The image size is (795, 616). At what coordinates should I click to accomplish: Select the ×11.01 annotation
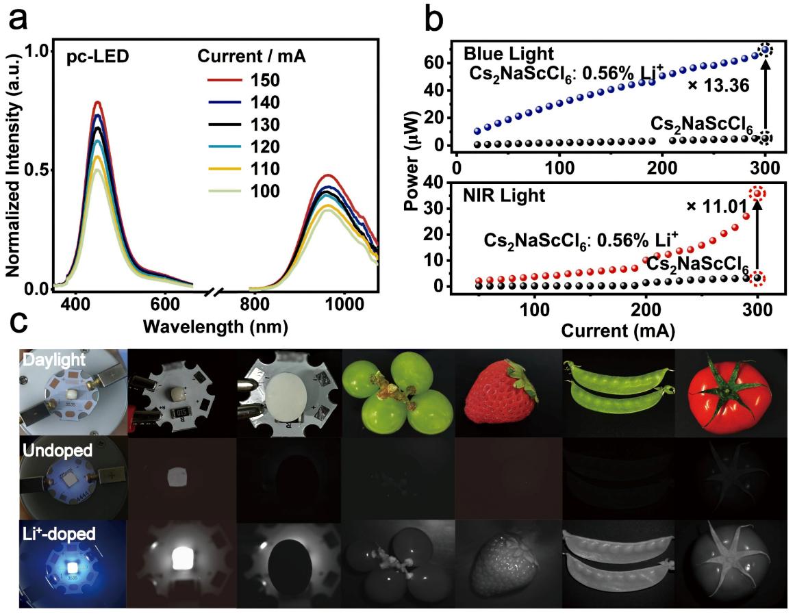pyautogui.click(x=713, y=206)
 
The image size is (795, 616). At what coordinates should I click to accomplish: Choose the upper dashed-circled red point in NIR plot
pyautogui.click(x=757, y=194)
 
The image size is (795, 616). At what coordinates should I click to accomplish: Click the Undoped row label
pyautogui.click(x=47, y=451)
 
